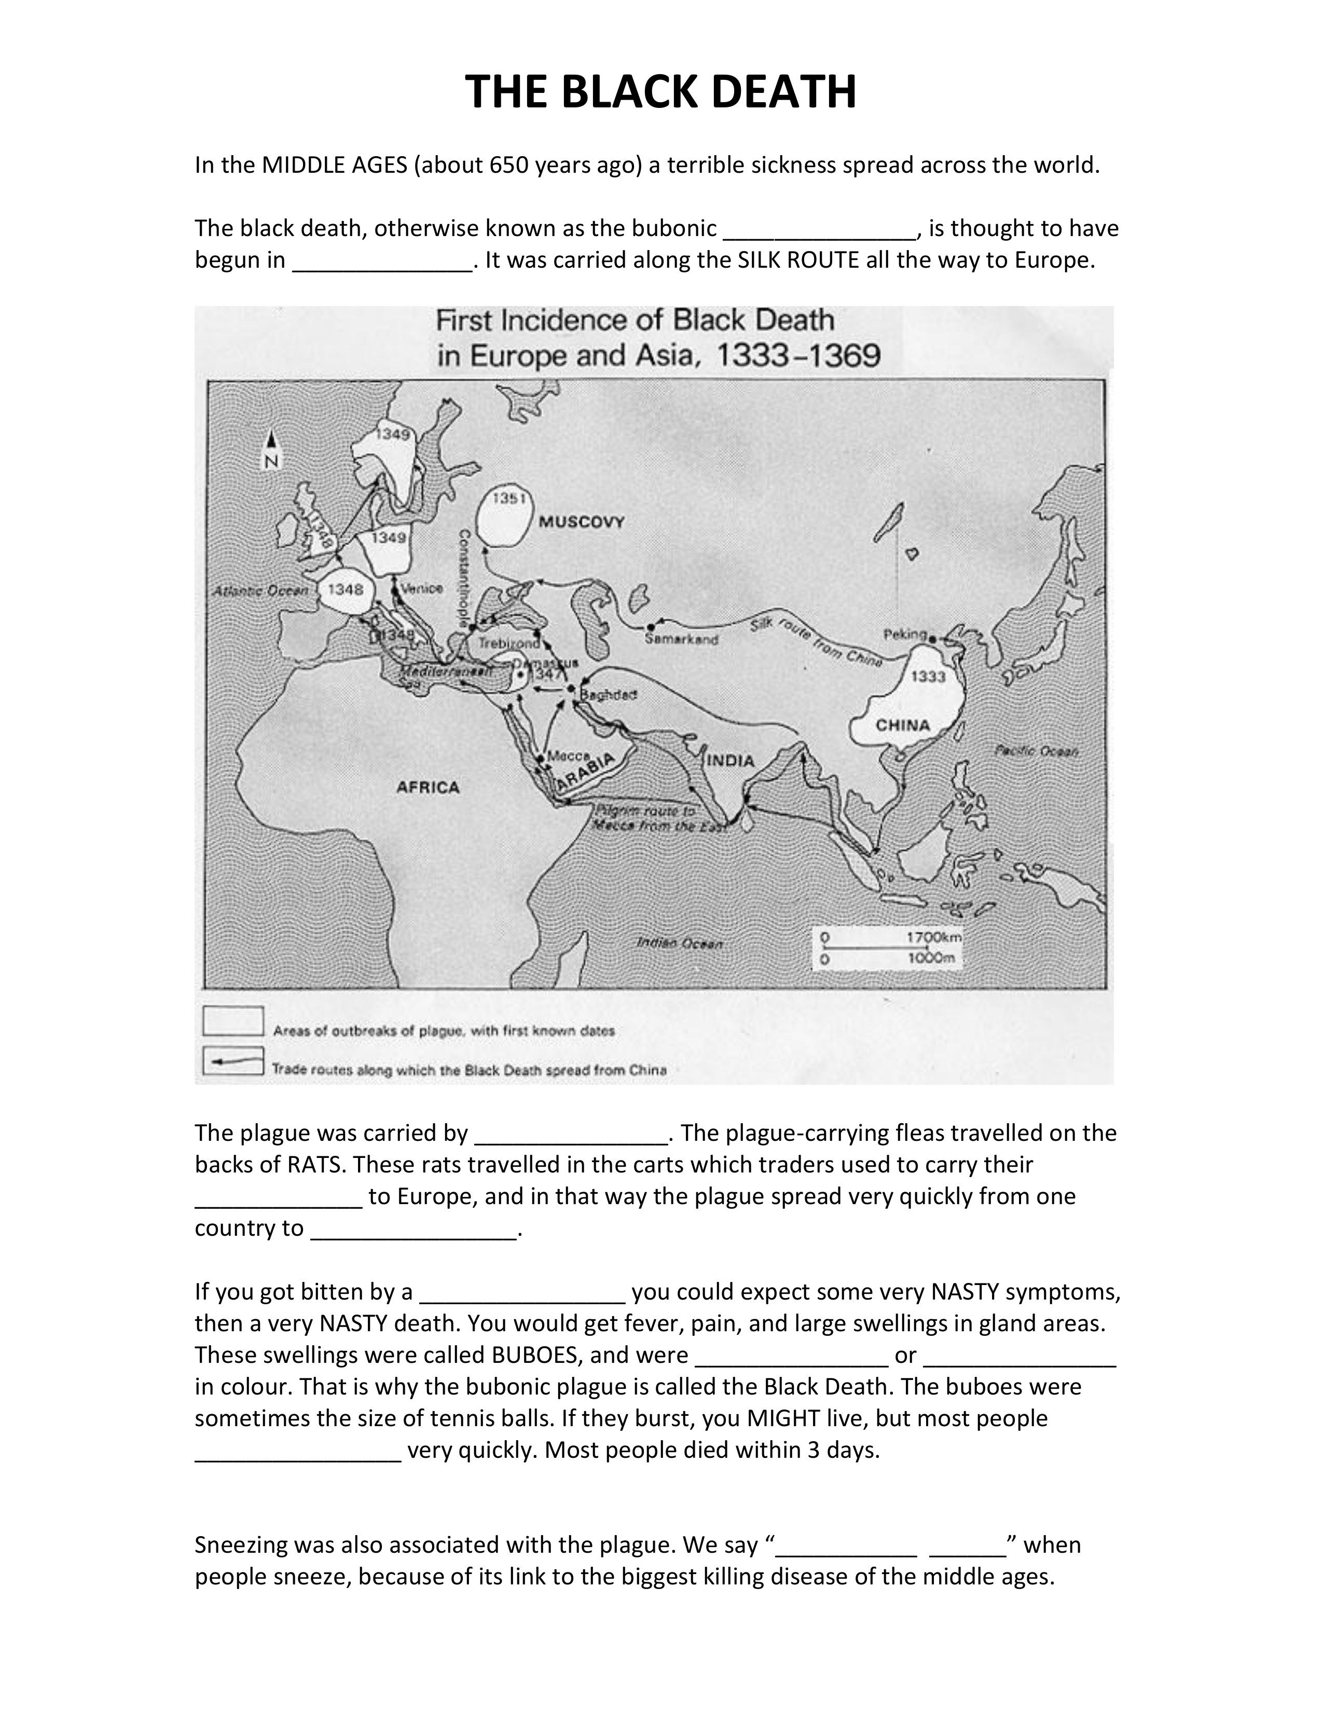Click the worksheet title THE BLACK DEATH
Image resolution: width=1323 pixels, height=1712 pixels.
click(660, 92)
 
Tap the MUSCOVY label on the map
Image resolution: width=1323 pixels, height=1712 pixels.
click(581, 522)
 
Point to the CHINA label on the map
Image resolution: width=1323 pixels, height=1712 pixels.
click(903, 725)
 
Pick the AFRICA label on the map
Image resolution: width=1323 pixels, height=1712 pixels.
click(427, 787)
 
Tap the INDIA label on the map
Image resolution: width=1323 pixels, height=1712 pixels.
click(731, 761)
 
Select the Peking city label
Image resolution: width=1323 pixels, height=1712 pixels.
click(905, 634)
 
